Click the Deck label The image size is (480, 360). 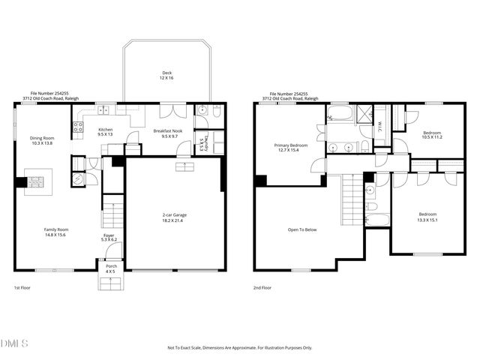pyautogui.click(x=166, y=73)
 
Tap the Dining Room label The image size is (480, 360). pyautogui.click(x=42, y=138)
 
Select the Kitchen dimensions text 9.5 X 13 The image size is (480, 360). pyautogui.click(x=106, y=135)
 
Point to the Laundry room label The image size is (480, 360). pyautogui.click(x=202, y=142)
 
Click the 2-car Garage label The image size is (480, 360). pyautogui.click(x=174, y=214)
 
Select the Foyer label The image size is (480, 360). pyautogui.click(x=109, y=235)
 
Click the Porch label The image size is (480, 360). pyautogui.click(x=110, y=265)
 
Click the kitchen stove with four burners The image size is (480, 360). pyautogui.click(x=76, y=127)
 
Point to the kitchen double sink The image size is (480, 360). pyautogui.click(x=103, y=111)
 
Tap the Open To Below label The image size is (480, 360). pyautogui.click(x=303, y=229)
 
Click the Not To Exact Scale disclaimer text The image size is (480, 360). pyautogui.click(x=239, y=348)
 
